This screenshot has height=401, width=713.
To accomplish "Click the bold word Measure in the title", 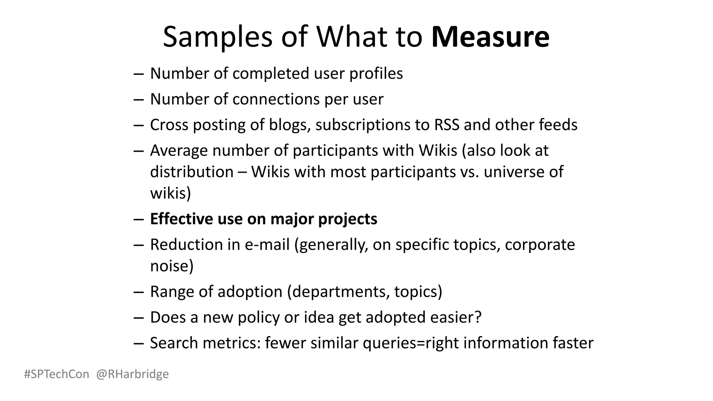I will click(490, 37).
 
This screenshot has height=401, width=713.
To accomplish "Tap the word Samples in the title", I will click(218, 37).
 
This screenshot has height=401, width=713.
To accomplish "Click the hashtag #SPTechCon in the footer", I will click(57, 374).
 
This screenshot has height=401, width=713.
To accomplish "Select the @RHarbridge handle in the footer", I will click(132, 374).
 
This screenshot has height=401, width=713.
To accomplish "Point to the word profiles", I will click(376, 73).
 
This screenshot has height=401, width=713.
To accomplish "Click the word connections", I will click(276, 99).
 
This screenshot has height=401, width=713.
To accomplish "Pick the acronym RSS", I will click(447, 125).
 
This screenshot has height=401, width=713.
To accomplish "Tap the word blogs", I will click(289, 125).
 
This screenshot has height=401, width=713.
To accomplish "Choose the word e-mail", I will click(267, 245).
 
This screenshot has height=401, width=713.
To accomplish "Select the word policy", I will click(259, 317).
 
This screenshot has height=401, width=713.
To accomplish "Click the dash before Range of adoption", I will click(139, 292).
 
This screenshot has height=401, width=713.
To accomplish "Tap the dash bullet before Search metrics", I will click(139, 343).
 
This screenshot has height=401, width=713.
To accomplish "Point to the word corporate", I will click(540, 245).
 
